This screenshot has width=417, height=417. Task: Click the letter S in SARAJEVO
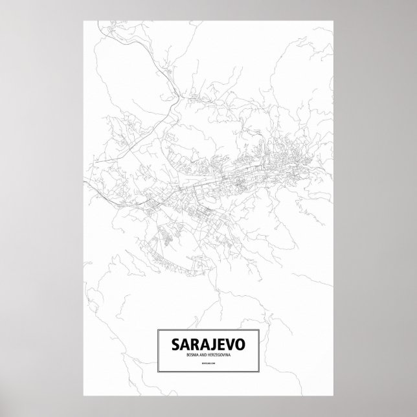175,344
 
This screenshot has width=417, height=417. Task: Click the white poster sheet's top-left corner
85,19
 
